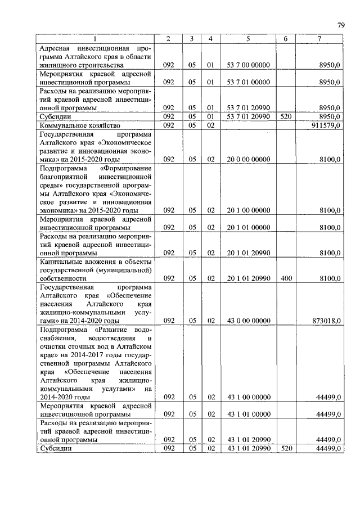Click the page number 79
341,25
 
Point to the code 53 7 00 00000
248,65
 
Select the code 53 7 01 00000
248,82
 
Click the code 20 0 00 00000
248,160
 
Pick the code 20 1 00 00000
248,210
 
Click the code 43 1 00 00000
248,397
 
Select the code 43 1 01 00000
248,414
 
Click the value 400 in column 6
286,278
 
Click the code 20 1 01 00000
248,227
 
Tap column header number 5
248,38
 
